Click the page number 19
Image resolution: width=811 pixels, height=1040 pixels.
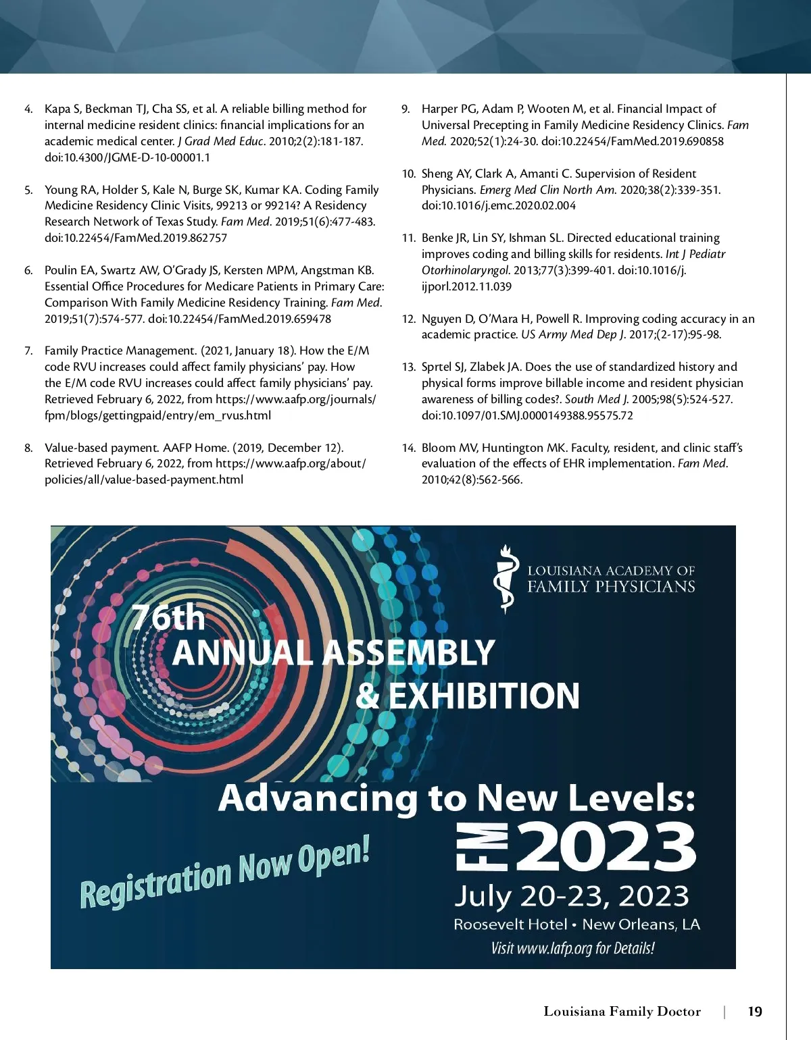pos(755,1011)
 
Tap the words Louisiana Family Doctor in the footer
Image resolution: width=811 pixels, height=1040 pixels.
pos(622,1011)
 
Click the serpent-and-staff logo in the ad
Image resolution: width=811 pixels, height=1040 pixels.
pos(506,579)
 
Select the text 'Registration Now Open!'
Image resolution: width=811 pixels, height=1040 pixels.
pos(225,872)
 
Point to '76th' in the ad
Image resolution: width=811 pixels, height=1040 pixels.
pos(168,617)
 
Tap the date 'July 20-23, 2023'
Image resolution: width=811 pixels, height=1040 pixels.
pos(571,896)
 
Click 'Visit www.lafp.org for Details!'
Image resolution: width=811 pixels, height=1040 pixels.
pos(572,948)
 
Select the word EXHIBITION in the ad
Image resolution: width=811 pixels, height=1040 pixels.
pos(484,696)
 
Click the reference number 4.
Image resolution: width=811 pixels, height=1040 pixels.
pos(28,109)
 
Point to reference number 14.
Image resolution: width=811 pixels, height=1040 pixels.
pos(408,448)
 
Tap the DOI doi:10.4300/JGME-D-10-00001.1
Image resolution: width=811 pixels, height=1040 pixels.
pos(127,157)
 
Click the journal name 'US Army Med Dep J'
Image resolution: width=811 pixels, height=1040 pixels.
pos(573,334)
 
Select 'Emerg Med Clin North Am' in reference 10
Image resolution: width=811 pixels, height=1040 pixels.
pos(547,190)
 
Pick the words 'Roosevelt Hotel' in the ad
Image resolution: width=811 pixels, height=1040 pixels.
pos(510,924)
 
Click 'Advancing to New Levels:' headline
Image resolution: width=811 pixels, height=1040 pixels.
pos(457,798)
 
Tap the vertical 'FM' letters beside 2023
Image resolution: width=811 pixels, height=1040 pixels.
pos(472,846)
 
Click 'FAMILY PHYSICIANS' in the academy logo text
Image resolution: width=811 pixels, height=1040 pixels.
pos(611,586)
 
